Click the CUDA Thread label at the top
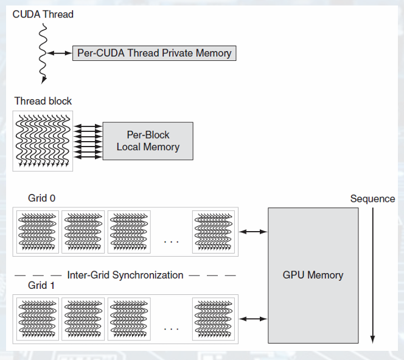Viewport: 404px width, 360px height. (x=43, y=13)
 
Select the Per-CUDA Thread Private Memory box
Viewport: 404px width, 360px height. (x=154, y=53)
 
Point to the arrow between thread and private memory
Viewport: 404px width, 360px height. (x=60, y=54)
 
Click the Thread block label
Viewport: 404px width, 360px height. (x=43, y=101)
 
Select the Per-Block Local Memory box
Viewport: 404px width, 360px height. (x=148, y=141)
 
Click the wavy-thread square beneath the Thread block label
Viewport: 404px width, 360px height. (x=43, y=140)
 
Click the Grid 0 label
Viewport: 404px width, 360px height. (x=42, y=198)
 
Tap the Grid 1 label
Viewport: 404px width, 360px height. (x=42, y=285)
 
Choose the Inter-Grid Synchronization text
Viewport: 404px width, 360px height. (x=125, y=275)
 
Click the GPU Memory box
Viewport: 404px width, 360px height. (x=313, y=275)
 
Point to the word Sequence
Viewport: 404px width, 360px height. (x=372, y=199)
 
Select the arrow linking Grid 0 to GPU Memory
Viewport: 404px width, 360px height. (x=254, y=232)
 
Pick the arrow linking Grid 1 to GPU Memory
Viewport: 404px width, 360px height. (x=254, y=318)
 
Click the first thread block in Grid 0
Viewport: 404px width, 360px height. (x=38, y=231)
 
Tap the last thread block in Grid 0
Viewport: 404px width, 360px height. (x=212, y=231)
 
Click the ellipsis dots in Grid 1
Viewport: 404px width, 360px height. (x=172, y=329)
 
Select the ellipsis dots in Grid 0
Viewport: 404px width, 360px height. (x=172, y=242)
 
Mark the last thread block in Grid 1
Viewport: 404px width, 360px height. (x=212, y=318)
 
